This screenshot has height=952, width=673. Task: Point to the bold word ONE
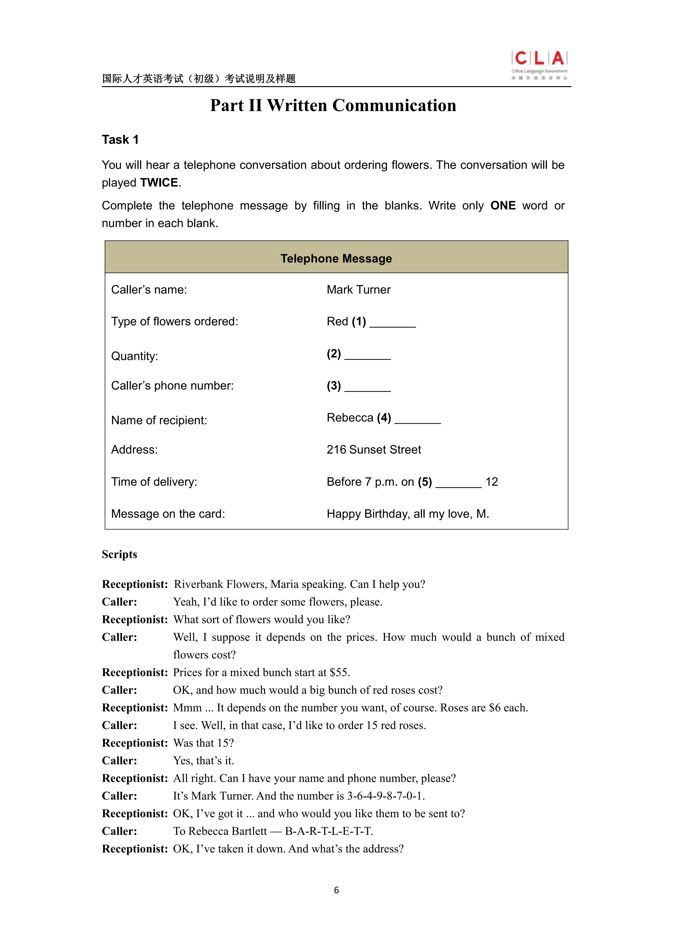[503, 206]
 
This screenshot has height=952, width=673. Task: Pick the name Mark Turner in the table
[358, 290]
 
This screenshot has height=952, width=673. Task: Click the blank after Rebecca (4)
[418, 420]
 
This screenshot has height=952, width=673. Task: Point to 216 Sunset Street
[374, 450]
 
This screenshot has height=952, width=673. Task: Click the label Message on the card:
[168, 514]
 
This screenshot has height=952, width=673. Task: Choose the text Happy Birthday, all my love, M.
[408, 514]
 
